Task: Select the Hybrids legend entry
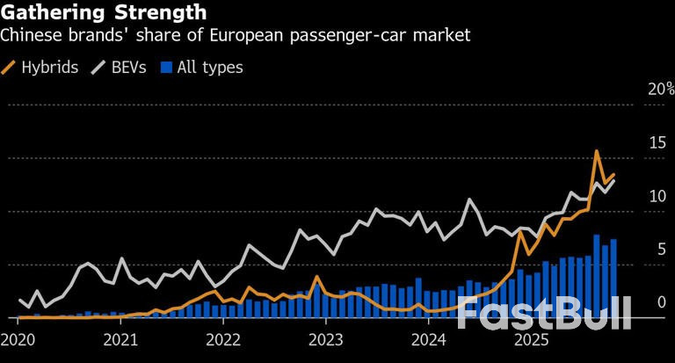(x=51, y=67)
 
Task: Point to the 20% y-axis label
(x=660, y=89)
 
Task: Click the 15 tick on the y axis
(x=657, y=142)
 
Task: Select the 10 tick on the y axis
(x=657, y=196)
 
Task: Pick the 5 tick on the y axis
(x=661, y=249)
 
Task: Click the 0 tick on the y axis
(x=661, y=302)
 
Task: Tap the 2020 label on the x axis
(x=18, y=341)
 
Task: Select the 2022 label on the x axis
(x=223, y=341)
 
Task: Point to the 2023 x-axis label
(x=326, y=341)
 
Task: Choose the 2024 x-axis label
(x=429, y=341)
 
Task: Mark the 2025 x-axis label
(x=532, y=341)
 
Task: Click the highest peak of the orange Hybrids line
(x=597, y=151)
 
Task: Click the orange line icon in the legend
(x=11, y=67)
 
